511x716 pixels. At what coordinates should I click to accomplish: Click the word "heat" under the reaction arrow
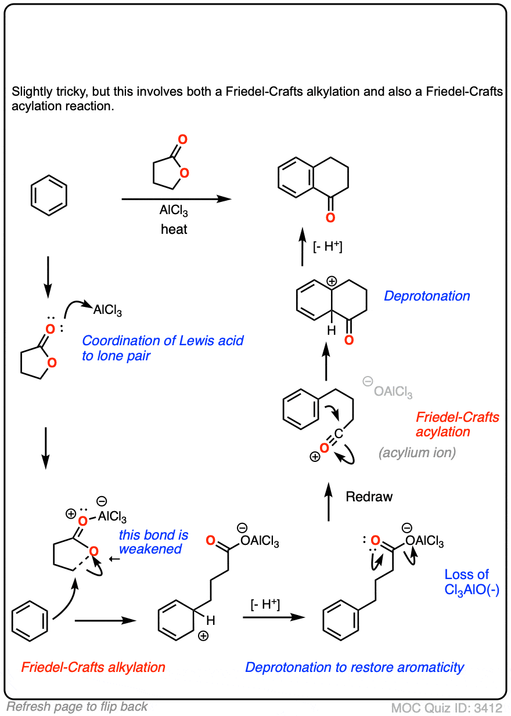(174, 229)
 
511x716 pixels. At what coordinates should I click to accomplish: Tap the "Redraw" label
(369, 497)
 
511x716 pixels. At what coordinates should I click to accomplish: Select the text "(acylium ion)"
(417, 453)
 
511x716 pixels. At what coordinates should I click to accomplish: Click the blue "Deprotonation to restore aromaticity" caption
(354, 667)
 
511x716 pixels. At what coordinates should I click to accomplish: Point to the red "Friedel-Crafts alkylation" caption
(93, 667)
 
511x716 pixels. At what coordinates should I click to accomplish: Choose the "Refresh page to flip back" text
(77, 707)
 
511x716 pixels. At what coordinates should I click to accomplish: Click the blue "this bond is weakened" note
(150, 541)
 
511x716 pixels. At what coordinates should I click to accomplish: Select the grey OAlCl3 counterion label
(393, 393)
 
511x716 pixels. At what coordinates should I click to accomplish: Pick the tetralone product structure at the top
(314, 180)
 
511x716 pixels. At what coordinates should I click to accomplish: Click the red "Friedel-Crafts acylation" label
(458, 424)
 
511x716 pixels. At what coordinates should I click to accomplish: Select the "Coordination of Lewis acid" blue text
(163, 341)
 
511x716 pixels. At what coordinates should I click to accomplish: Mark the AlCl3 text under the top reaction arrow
(174, 211)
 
